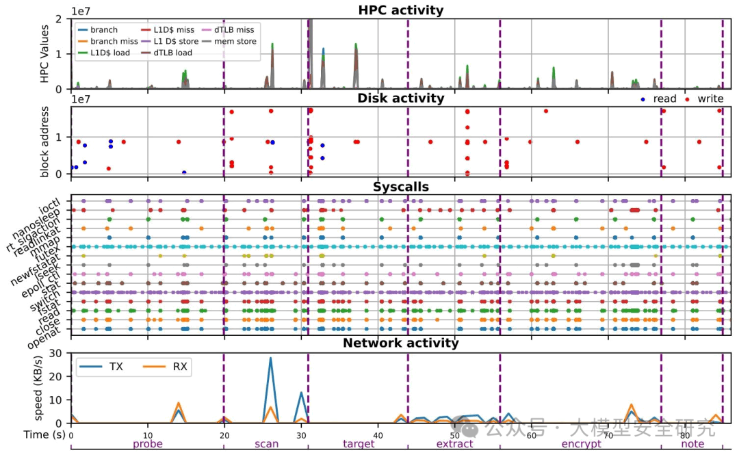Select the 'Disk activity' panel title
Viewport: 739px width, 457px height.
click(x=400, y=98)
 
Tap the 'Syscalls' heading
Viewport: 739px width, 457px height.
click(x=400, y=187)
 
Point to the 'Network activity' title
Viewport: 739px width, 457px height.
click(x=400, y=343)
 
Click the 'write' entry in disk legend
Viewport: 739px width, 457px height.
click(x=710, y=99)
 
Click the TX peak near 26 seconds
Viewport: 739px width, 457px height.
click(x=270, y=358)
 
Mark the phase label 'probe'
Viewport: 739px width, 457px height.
click(x=148, y=444)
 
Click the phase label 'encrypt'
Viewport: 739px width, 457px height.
click(x=581, y=444)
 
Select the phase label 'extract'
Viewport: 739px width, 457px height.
click(x=454, y=444)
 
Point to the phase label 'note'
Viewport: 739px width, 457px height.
click(x=692, y=444)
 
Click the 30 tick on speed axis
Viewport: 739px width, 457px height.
click(x=59, y=353)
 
